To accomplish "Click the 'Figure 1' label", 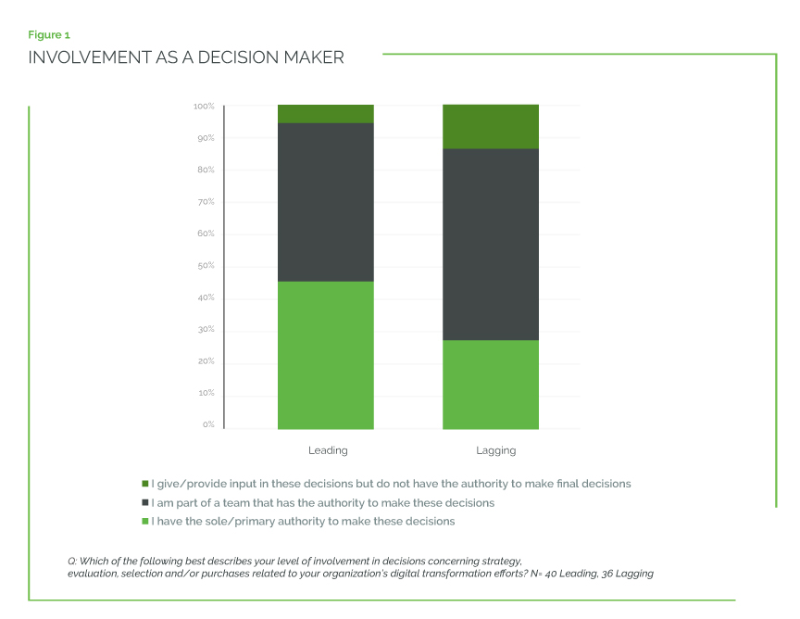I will point(49,35).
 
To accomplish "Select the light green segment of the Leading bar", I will point(326,355).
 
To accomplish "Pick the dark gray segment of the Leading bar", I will point(326,202).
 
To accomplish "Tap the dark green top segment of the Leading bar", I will point(326,114).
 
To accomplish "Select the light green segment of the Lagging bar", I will point(491,385).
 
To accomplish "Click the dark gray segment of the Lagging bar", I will point(491,244).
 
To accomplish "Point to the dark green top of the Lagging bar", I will point(491,127).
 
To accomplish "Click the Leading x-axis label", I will point(328,450).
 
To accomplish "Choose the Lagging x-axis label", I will point(496,450).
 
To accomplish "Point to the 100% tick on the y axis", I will point(204,107).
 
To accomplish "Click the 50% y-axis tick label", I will point(206,266).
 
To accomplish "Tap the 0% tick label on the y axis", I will point(208,424).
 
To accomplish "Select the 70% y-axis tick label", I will point(206,202).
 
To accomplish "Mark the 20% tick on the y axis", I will point(206,361).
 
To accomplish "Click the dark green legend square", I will point(145,484).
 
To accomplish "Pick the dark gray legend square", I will point(145,502).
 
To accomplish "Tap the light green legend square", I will point(145,521).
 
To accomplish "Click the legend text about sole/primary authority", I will point(304,521).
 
